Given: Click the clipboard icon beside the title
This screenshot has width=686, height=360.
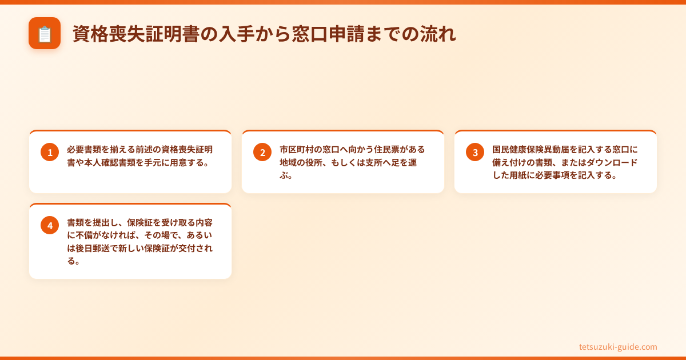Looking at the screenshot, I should tap(45, 33).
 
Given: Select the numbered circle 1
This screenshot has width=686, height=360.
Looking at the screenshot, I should tap(50, 152).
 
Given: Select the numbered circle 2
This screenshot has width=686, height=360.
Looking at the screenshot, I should tap(262, 152).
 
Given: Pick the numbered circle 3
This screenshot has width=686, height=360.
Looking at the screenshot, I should tap(475, 152).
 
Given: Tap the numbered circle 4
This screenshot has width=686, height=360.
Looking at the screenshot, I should tap(50, 225).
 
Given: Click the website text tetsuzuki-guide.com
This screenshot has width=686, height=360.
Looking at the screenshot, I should tap(618, 347).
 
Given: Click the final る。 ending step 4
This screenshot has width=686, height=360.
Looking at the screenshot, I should tap(73, 261).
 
